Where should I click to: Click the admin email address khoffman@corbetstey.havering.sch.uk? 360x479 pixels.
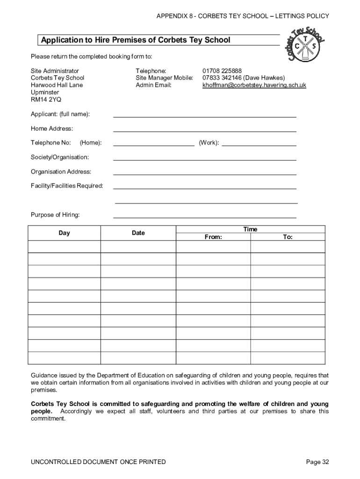pos(254,85)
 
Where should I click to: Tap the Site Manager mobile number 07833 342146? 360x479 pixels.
pos(222,78)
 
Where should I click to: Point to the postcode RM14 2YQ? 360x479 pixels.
pos(46,100)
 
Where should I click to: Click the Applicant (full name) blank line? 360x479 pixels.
pos(205,116)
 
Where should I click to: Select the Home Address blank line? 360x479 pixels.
pos(205,131)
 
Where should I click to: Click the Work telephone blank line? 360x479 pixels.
pos(259,145)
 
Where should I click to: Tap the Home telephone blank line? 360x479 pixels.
pos(154,145)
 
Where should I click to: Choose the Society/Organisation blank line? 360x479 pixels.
pos(205,160)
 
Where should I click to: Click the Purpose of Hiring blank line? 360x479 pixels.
pos(205,217)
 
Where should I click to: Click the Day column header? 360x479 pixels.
pos(65,233)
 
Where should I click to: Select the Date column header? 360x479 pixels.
pos(138,233)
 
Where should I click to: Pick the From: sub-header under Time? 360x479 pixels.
pos(213,237)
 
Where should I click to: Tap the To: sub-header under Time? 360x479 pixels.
pos(288,237)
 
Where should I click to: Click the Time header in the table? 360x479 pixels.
pos(250,229)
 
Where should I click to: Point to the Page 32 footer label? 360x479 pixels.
pos(317,462)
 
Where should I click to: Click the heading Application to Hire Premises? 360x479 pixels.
pos(136,40)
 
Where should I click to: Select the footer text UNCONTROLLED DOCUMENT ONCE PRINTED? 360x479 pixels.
pos(98,462)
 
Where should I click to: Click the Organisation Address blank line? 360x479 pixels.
pos(205,174)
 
